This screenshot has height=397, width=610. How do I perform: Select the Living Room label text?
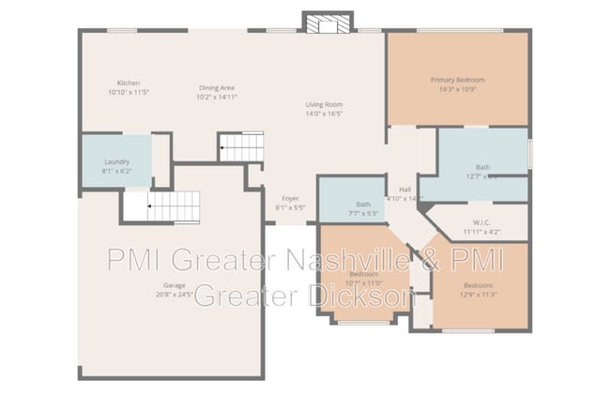(324, 104)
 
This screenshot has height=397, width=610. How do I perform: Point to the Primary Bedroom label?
(457, 79)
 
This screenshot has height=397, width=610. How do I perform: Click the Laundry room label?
(116, 161)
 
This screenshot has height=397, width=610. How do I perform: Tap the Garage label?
(175, 284)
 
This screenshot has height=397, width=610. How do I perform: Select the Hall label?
(405, 189)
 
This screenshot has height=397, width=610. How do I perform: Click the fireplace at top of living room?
(328, 21)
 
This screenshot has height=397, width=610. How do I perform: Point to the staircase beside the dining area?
(241, 146)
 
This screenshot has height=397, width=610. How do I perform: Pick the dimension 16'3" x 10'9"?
(457, 90)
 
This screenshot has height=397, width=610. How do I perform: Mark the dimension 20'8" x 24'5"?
(175, 295)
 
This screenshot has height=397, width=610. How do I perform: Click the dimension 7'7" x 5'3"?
(363, 214)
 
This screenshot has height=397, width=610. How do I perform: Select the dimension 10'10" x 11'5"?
(129, 93)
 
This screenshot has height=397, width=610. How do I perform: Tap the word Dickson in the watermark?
(362, 297)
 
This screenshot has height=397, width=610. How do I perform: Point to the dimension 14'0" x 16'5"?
(324, 115)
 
